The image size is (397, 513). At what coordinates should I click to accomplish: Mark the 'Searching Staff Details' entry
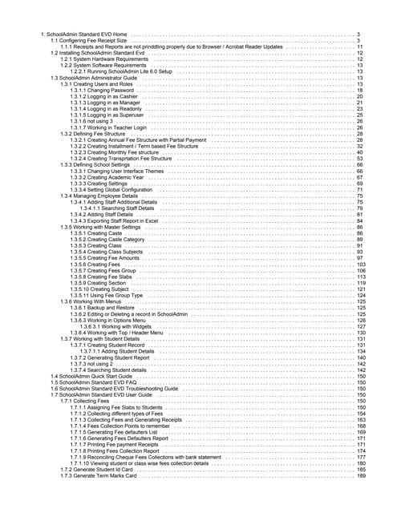tap(116, 208)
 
